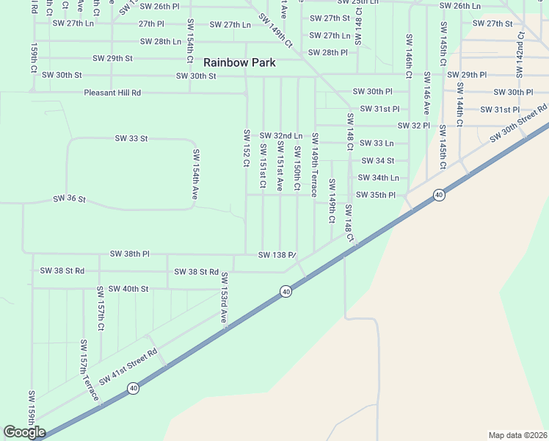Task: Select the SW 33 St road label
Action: pyautogui.click(x=131, y=138)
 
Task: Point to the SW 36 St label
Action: pyautogui.click(x=70, y=199)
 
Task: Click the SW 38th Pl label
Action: pyautogui.click(x=129, y=254)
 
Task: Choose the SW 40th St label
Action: pyautogui.click(x=128, y=289)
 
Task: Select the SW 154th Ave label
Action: pyautogui.click(x=196, y=174)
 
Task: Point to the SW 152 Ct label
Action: pyautogui.click(x=247, y=149)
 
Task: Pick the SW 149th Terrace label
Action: pyautogui.click(x=314, y=165)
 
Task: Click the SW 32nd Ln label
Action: pyautogui.click(x=280, y=136)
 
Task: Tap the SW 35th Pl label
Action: pyautogui.click(x=376, y=195)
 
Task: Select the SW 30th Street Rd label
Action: pyautogui.click(x=524, y=123)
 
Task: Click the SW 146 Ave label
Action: pyautogui.click(x=426, y=93)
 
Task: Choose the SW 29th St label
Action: pyautogui.click(x=112, y=58)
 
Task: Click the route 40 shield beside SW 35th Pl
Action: pyautogui.click(x=438, y=195)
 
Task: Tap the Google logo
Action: pyautogui.click(x=24, y=432)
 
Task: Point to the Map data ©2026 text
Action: pyautogui.click(x=517, y=434)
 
